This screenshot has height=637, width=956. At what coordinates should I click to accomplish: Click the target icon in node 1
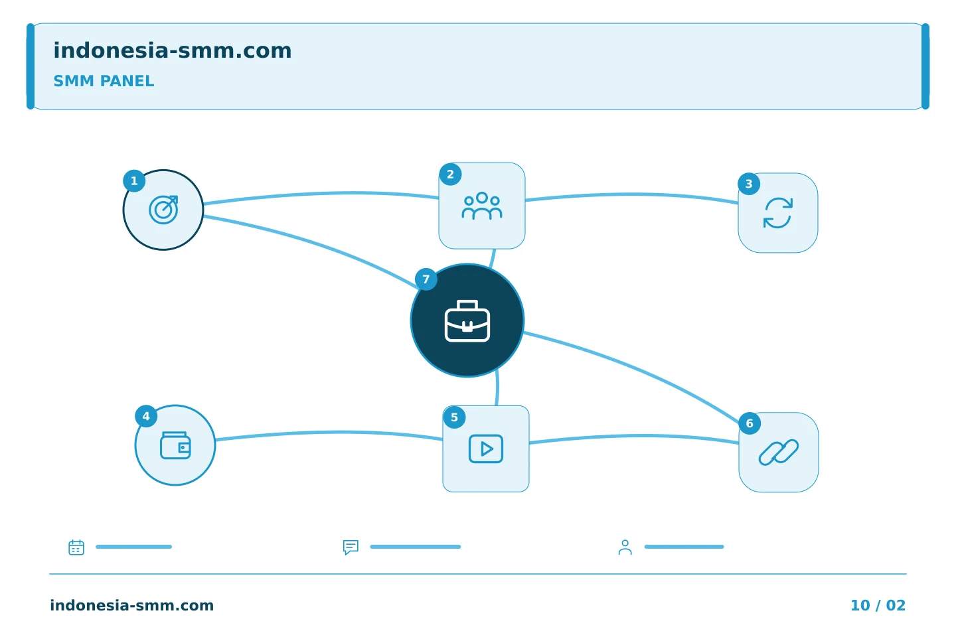click(x=163, y=210)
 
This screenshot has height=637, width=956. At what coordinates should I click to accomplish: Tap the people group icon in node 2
click(x=482, y=206)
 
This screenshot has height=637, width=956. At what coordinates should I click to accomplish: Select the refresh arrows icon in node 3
click(x=778, y=212)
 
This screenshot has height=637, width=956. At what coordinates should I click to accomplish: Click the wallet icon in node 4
click(x=175, y=445)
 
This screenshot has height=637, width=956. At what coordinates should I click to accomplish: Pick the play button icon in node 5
click(x=486, y=449)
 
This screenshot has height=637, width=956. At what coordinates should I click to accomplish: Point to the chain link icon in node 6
click(x=779, y=453)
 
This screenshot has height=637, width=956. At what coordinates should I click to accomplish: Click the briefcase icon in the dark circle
click(x=467, y=321)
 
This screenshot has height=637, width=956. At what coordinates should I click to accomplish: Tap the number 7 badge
click(x=426, y=279)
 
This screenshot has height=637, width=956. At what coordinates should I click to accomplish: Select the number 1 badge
click(x=134, y=181)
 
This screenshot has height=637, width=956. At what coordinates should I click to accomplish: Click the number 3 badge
click(x=749, y=184)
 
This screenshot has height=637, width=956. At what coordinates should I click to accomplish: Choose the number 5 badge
click(x=455, y=417)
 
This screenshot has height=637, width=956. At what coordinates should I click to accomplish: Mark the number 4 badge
click(x=146, y=416)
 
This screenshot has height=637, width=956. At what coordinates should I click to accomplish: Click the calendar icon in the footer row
click(x=76, y=547)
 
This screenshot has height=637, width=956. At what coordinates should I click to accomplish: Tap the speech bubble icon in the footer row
click(x=351, y=547)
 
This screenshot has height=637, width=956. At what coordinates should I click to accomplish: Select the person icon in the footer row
click(x=625, y=547)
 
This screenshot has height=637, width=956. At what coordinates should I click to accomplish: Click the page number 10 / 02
click(x=878, y=605)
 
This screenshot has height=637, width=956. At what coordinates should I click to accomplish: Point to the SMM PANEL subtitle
click(x=104, y=81)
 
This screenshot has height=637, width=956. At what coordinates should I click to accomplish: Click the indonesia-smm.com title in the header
click(x=173, y=51)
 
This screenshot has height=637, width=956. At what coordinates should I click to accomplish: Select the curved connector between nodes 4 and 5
click(x=329, y=433)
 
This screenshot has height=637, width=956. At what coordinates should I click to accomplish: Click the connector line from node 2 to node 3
click(x=631, y=194)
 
